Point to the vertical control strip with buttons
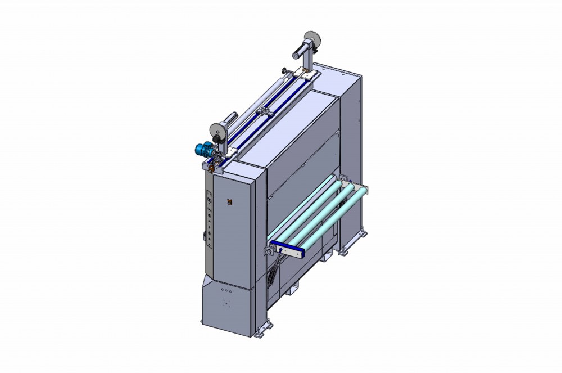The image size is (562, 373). point(209,219)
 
